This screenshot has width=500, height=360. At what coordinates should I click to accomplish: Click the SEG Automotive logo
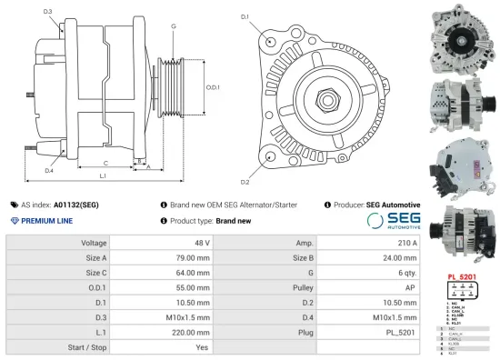pyautogui.click(x=394, y=221)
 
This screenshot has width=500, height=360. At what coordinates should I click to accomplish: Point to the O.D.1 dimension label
pyautogui.click(x=213, y=87)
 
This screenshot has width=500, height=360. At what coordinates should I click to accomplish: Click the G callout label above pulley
pyautogui.click(x=173, y=26)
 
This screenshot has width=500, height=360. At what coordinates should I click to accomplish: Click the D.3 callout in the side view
pyautogui.click(x=47, y=12)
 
